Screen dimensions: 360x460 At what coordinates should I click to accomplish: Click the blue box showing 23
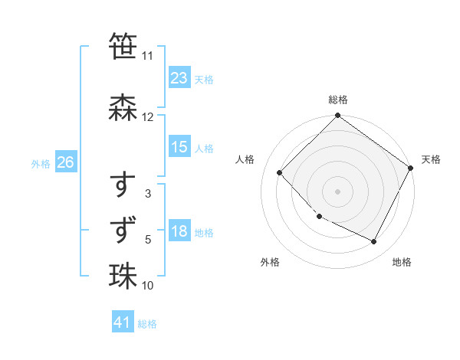coord(179,78)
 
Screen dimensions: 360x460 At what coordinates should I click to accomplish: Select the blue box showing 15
coord(179,147)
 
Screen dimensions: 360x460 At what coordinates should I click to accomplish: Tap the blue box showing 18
coord(179,231)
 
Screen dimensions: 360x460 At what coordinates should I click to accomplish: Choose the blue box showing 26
coord(65,162)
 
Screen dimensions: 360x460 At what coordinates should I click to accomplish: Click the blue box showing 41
coord(123,322)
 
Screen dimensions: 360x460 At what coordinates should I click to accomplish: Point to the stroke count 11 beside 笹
coord(148,56)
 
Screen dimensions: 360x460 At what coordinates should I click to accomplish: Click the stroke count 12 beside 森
coord(148,117)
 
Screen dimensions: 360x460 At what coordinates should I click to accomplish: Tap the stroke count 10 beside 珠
coord(148,286)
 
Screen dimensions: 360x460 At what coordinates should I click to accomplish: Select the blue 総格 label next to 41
coord(147,324)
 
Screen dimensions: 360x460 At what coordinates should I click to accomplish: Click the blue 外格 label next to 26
coord(41,163)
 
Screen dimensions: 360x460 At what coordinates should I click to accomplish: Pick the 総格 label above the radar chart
coord(337,100)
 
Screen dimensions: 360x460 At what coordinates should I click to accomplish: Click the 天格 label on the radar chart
coord(431,159)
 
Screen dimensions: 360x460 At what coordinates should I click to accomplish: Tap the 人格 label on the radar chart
coord(245,159)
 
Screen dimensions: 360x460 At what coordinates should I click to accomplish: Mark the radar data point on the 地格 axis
coord(374,242)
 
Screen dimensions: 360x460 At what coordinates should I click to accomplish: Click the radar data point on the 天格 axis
coord(411,168)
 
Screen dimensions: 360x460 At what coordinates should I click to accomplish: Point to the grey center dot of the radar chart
coord(337,191)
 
